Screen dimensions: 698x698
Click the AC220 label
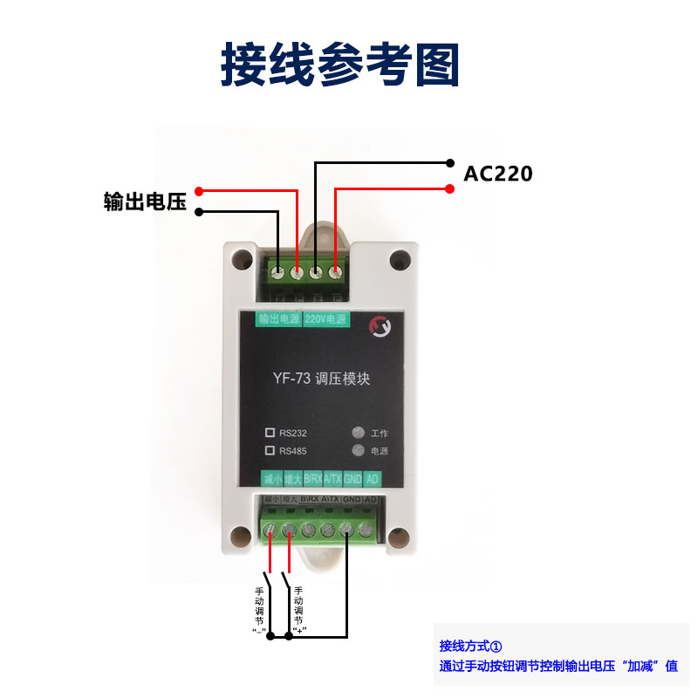click(497, 174)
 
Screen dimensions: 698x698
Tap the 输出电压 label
click(145, 202)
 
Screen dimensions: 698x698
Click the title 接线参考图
click(339, 65)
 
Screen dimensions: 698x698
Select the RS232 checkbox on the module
click(270, 432)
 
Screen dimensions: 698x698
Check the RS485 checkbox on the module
click(270, 450)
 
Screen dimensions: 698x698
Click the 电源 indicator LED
click(356, 451)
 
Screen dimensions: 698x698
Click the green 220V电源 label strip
click(326, 319)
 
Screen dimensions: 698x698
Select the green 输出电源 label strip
click(279, 319)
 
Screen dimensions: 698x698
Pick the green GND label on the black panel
click(352, 479)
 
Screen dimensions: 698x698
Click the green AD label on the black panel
click(372, 479)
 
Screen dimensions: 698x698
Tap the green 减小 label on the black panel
click(271, 479)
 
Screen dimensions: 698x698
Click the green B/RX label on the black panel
click(312, 479)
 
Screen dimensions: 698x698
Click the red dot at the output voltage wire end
click(199, 191)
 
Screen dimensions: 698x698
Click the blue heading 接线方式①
click(472, 647)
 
